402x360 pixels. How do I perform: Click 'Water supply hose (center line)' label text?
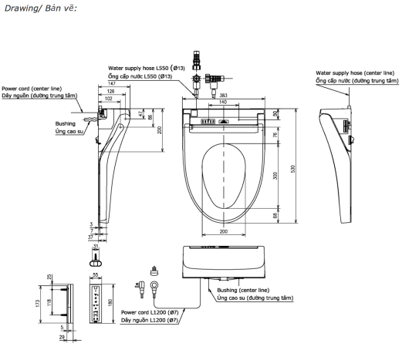coord(356,71)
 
